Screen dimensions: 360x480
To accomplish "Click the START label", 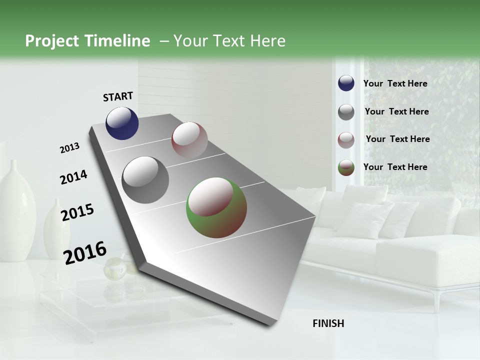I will tap(118, 96).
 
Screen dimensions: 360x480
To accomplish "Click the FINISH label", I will tap(328, 323).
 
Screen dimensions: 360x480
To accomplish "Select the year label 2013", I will tap(69, 148).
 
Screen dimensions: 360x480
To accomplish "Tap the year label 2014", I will tap(73, 177).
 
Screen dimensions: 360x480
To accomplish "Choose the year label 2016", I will tap(85, 252).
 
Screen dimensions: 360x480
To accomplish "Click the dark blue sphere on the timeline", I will tap(122, 123).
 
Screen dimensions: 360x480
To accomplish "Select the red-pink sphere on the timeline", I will tap(189, 140).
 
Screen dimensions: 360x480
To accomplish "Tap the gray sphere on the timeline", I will tap(145, 180).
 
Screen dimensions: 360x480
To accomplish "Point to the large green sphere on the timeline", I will tap(216, 207).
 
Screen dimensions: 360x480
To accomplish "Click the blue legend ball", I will tap(346, 83).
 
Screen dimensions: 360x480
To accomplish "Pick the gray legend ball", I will tap(346, 112).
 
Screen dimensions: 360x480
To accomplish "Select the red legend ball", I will tap(346, 140).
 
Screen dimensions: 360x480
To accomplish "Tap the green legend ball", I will tap(346, 168).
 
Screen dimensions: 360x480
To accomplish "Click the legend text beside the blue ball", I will tap(395, 83).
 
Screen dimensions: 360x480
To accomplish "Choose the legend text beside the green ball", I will tap(395, 167).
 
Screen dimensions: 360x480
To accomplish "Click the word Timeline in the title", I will tap(117, 41).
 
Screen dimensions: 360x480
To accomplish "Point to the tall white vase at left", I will tap(16, 210).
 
